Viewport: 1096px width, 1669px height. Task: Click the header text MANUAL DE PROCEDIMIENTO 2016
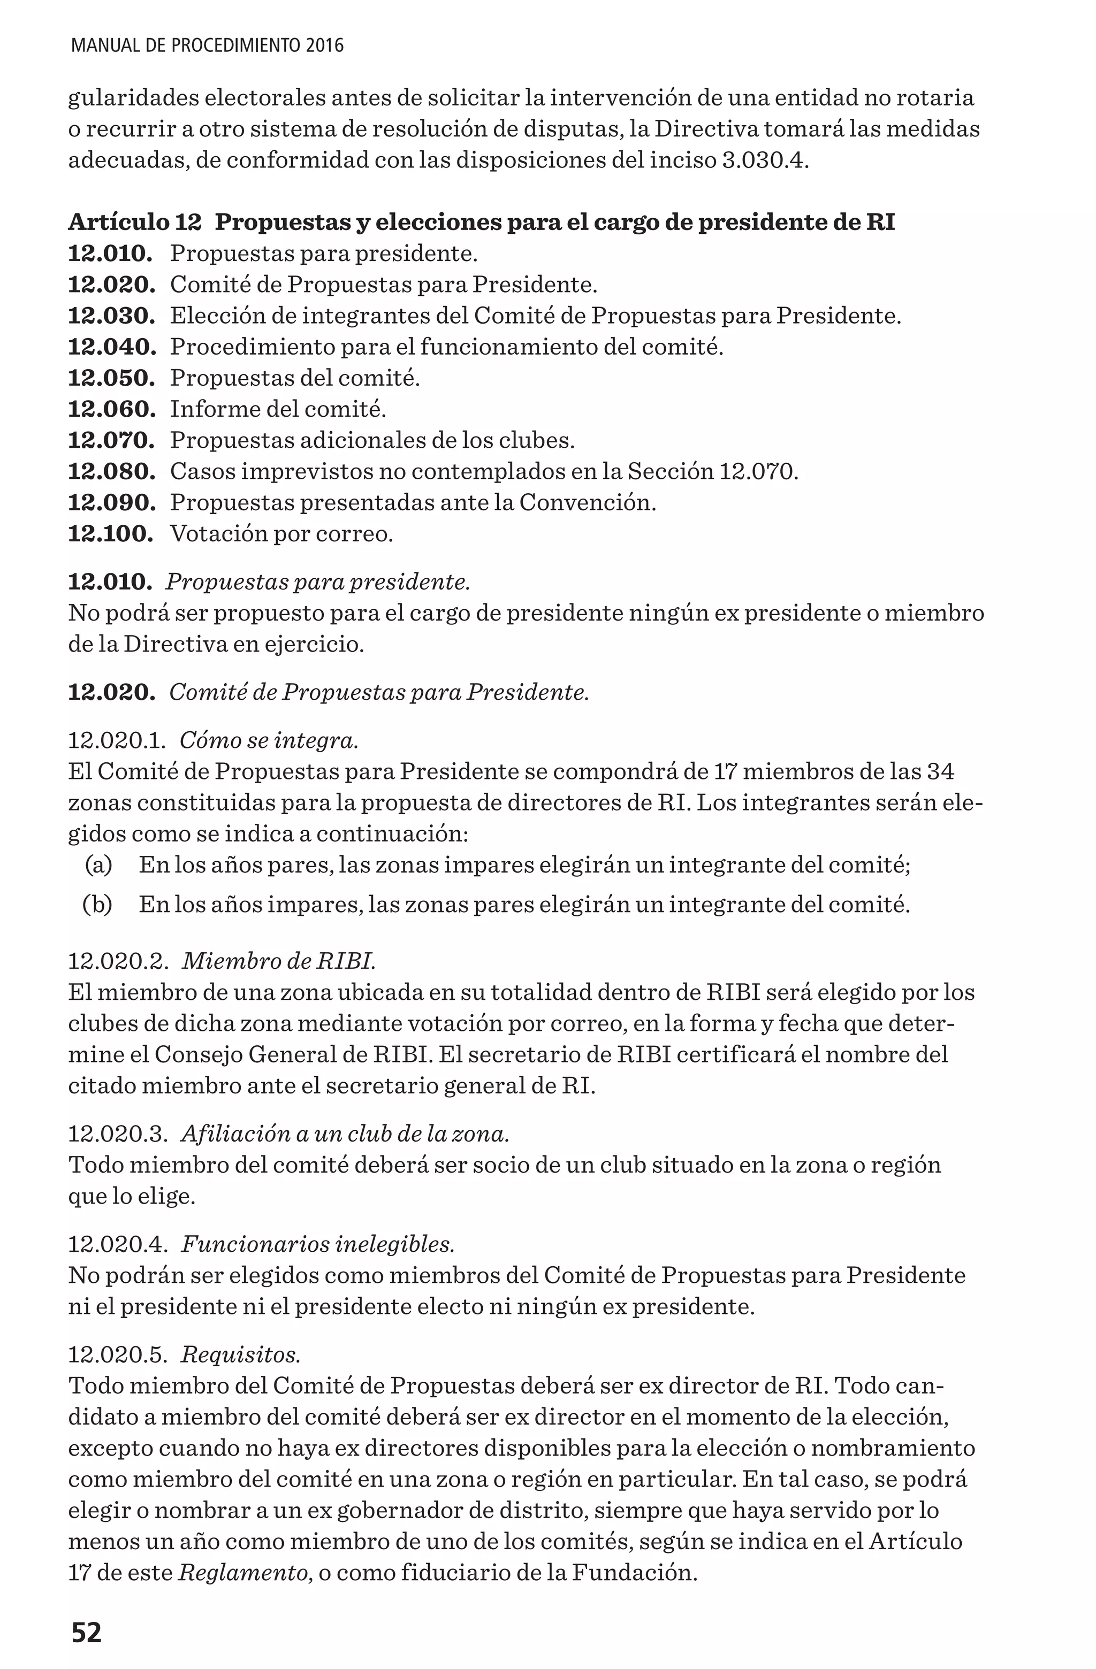click(208, 47)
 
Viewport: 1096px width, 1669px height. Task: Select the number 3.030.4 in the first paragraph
click(764, 160)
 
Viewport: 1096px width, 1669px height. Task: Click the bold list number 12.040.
click(111, 347)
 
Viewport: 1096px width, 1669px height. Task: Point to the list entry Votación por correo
click(281, 534)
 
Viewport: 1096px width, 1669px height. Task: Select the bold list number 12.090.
click(111, 503)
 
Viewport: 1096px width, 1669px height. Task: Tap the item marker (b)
click(97, 905)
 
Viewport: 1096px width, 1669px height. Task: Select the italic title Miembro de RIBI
click(279, 961)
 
